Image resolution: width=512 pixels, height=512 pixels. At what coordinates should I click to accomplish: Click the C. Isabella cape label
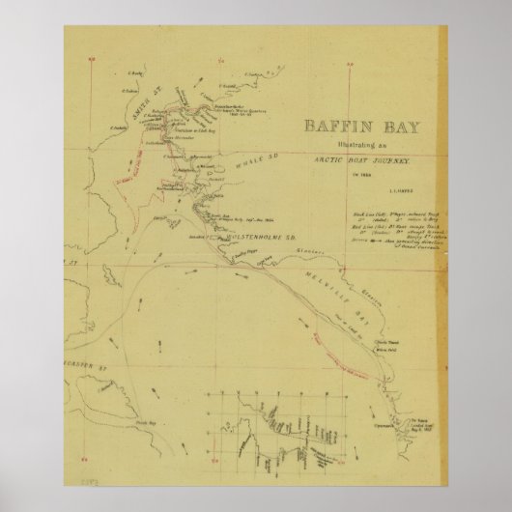click(x=119, y=127)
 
